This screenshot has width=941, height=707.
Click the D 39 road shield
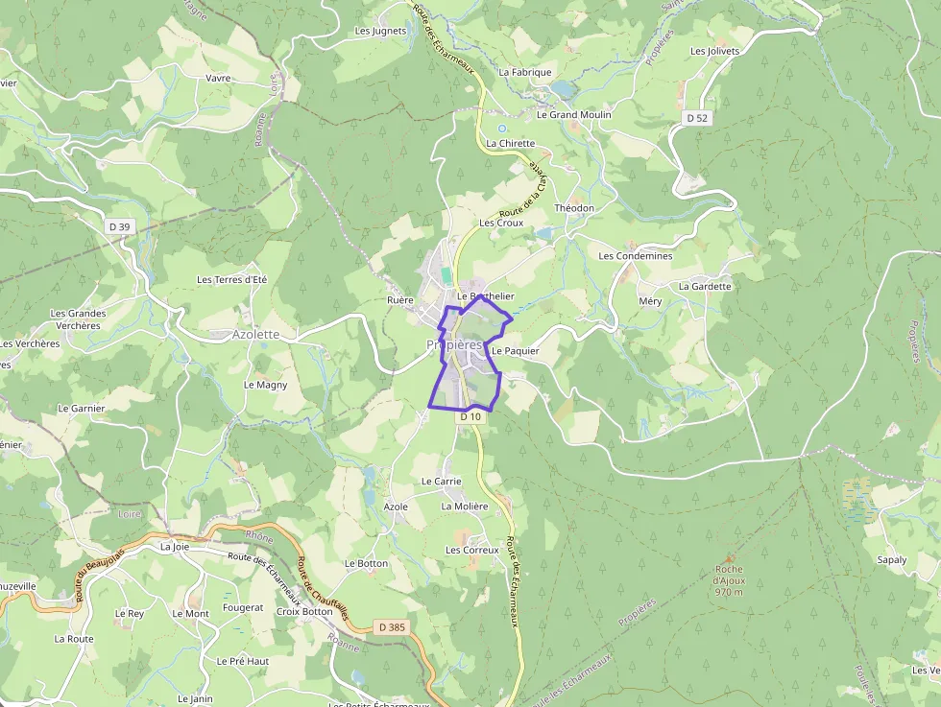pos(119,226)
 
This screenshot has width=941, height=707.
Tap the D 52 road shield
pos(697,117)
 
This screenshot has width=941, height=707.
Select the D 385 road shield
pos(391,627)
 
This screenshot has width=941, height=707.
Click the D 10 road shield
pos(470,416)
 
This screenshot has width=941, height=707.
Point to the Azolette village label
pos(256,335)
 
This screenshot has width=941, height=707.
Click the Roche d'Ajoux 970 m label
pos(729,580)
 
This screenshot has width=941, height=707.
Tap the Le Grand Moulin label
pos(573,114)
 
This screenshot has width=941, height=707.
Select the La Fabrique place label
pos(525,72)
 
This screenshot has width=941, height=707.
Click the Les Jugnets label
pos(380,31)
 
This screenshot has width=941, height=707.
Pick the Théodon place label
pos(574,208)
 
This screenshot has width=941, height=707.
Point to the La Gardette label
pos(705,286)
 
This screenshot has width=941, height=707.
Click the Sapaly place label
pos(892,559)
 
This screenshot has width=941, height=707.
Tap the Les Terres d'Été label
pos(231,279)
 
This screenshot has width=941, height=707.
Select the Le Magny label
pos(265,385)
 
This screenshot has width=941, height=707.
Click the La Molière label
pos(465,507)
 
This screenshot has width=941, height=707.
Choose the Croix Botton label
pos(303,611)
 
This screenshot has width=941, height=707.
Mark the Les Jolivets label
pos(715,51)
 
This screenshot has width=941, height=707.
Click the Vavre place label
pos(219,78)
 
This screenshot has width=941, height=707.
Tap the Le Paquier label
pos(515,351)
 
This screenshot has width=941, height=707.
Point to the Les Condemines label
pos(636,256)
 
